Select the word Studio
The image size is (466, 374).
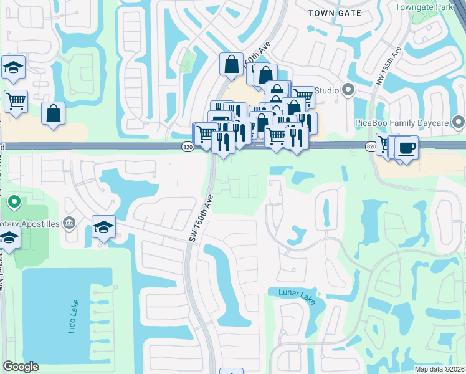(x=326, y=91)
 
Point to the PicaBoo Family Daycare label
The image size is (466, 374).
(x=402, y=122)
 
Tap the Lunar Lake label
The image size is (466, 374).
(x=292, y=292)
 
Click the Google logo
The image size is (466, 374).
(x=21, y=367)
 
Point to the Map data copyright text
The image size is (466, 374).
(x=440, y=368)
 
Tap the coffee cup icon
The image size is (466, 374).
(x=406, y=148)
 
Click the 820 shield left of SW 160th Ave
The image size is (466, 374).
(x=188, y=146)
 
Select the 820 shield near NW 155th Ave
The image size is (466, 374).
(x=371, y=146)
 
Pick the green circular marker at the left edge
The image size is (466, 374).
(x=14, y=203)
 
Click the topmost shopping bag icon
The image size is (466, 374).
(x=231, y=63)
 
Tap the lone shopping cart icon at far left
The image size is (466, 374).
(x=16, y=100)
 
